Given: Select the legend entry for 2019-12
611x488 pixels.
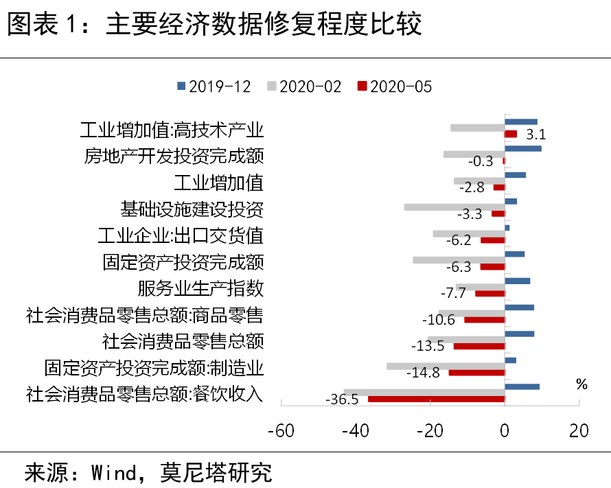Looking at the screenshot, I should point(214,86).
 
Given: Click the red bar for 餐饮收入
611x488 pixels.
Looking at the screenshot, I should point(436,399).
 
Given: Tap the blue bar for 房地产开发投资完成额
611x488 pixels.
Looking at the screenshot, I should point(522,148).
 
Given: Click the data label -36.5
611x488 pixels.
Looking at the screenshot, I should point(341,399).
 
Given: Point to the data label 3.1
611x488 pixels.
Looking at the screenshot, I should point(535,135).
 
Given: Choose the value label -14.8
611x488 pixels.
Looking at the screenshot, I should point(423,373).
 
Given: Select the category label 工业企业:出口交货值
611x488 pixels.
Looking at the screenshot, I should point(181,236).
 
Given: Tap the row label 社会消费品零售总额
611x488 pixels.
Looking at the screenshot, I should point(183,340).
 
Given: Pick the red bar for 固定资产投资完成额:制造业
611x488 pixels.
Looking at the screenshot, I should point(476,372).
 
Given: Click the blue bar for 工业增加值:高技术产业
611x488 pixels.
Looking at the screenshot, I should point(520,122).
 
